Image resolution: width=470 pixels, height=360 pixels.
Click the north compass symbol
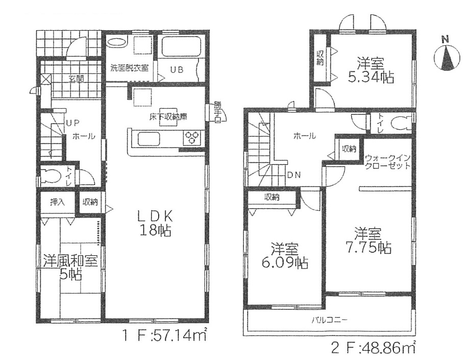(x=447, y=55)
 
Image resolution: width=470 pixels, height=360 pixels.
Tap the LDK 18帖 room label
(x=155, y=222)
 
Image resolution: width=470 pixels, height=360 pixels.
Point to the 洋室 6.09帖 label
(x=285, y=256)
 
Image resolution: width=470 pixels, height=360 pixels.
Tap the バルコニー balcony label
(x=329, y=320)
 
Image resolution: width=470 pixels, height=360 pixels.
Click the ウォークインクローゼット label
(x=387, y=162)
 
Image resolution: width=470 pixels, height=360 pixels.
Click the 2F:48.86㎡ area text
(x=374, y=349)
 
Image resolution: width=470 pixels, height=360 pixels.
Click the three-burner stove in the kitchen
(x=192, y=138)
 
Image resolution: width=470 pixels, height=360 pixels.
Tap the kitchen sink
(x=149, y=139)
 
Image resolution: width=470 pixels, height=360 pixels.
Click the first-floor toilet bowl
(x=51, y=176)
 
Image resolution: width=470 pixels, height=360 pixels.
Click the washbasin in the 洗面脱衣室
(x=116, y=42)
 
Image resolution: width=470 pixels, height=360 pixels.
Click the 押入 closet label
(x=58, y=202)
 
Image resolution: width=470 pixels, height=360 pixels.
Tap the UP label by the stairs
(x=72, y=123)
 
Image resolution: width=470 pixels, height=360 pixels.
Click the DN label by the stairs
(x=294, y=175)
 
